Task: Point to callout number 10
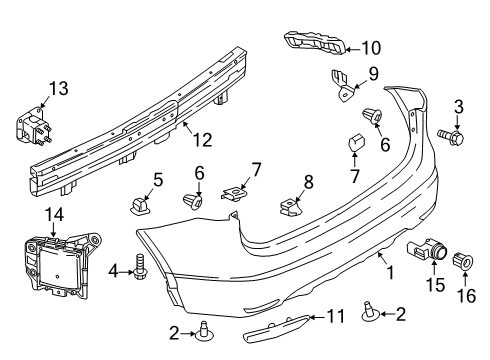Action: coord(371,46)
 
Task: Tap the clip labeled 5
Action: coord(138,205)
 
